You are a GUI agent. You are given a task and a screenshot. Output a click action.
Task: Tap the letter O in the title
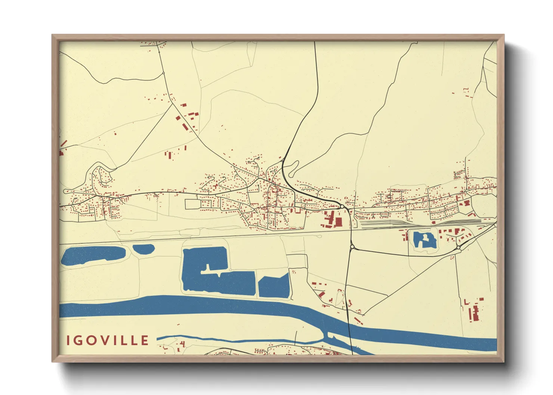96,340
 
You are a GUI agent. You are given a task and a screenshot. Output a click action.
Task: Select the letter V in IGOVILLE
111,340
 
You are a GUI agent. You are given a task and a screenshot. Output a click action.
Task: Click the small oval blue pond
143,249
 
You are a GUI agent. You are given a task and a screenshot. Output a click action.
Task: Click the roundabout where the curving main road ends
342,206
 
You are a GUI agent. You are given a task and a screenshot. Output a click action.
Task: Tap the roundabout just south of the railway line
352,246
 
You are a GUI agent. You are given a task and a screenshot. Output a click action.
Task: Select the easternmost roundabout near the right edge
458,248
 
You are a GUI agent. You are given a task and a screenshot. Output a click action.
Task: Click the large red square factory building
338,222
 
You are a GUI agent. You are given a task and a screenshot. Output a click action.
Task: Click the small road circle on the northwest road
163,73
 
